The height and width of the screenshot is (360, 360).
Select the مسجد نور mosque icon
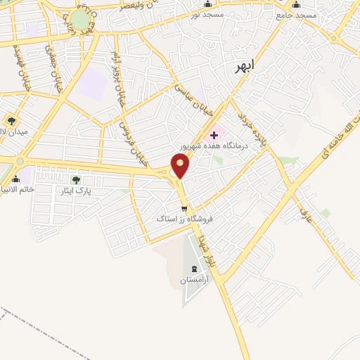[x=207, y=5]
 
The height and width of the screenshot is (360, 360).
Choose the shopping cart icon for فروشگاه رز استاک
[x=184, y=209]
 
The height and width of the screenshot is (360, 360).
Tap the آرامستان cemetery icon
[x=194, y=269]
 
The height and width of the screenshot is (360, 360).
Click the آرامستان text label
[x=193, y=280]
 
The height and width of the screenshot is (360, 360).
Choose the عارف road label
[x=304, y=202]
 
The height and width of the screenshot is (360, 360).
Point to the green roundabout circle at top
[x=79, y=19]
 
